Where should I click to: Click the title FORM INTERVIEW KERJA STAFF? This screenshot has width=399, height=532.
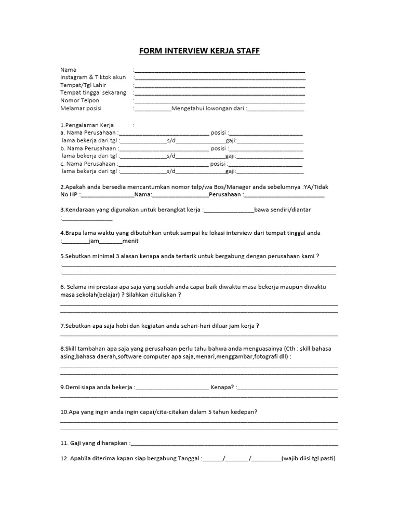tap(199, 51)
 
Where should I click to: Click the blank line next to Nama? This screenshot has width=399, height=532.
tap(220, 70)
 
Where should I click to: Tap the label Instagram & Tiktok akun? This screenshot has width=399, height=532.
tap(93, 77)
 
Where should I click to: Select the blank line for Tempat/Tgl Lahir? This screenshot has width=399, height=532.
tap(220, 86)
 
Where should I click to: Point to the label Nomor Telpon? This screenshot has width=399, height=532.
tap(80, 101)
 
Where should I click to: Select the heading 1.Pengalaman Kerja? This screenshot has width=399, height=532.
tap(87, 125)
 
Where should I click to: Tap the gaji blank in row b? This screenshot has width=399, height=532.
tap(270, 156)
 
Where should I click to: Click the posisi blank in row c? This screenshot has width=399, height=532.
tap(266, 164)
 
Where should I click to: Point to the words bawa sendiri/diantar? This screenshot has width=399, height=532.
tap(282, 209)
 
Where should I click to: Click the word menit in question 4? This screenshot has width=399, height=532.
tap(130, 241)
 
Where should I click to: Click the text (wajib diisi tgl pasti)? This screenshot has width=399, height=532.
tap(309, 459)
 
